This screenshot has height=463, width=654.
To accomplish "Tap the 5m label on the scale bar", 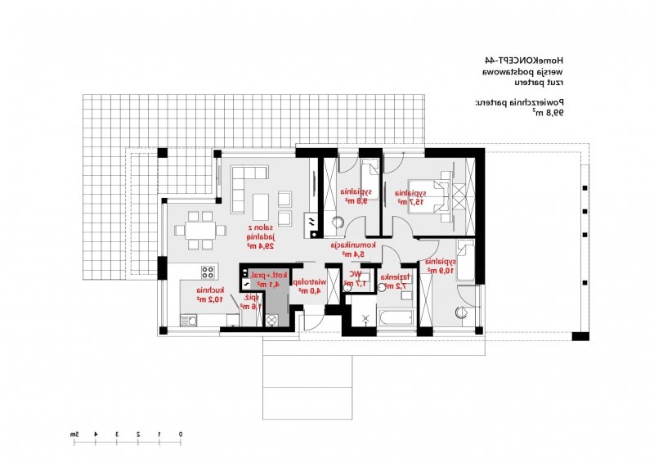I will click(74, 433).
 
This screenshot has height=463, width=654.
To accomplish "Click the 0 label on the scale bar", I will click(181, 433).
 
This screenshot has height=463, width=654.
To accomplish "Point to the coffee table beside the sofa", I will click(261, 202).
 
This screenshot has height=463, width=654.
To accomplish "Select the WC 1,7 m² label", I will click(356, 278).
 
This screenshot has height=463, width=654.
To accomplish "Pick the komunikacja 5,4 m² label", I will click(353, 249).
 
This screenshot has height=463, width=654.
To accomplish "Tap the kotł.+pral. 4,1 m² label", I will click(269, 280).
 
